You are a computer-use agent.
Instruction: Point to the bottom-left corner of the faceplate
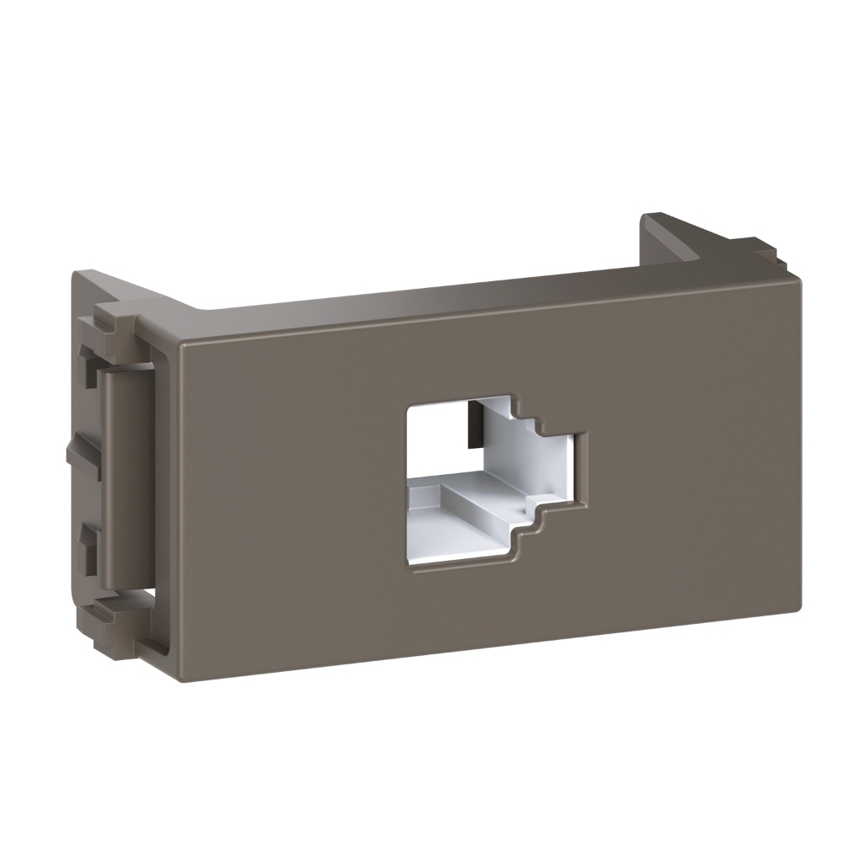click(184, 674)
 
